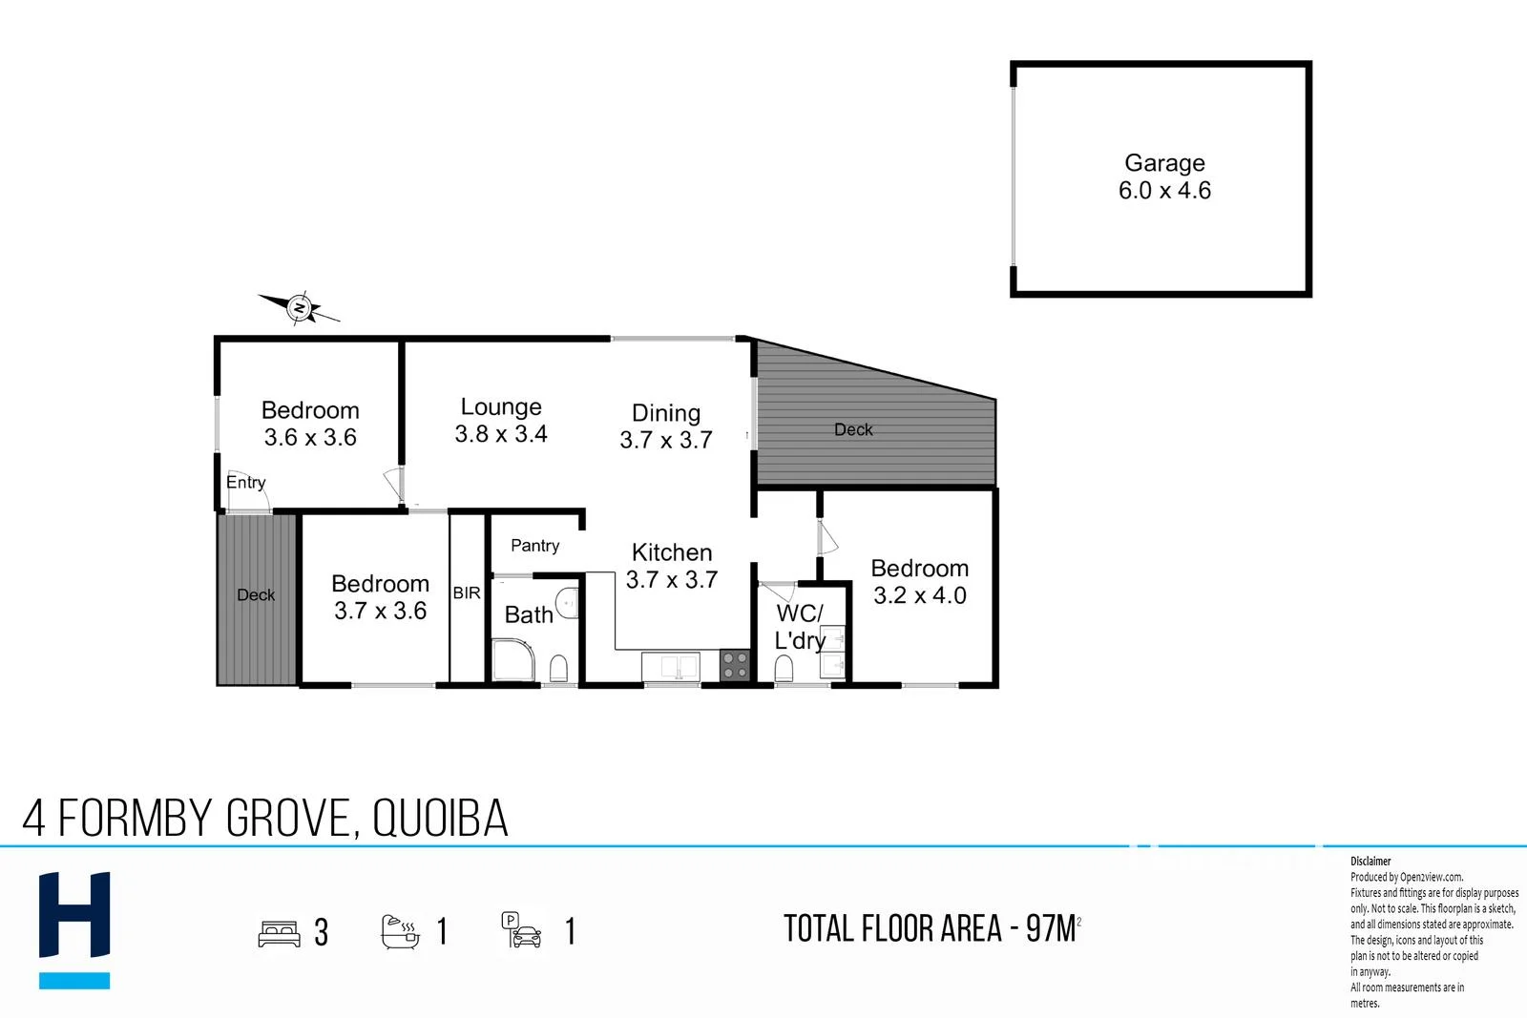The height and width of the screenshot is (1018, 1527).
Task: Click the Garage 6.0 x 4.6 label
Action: pyautogui.click(x=1164, y=177)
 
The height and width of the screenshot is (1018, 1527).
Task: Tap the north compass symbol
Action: pyautogui.click(x=300, y=308)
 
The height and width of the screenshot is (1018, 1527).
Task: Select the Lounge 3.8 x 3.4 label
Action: pyautogui.click(x=501, y=421)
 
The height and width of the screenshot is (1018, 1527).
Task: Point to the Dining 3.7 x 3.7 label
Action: pyautogui.click(x=666, y=426)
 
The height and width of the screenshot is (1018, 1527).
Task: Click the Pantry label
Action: pyautogui.click(x=534, y=546)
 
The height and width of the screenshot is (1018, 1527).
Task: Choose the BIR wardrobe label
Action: pyautogui.click(x=467, y=593)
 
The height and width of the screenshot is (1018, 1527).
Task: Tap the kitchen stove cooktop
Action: pyautogui.click(x=734, y=664)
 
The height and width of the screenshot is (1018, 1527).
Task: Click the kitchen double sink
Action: pyautogui.click(x=671, y=666)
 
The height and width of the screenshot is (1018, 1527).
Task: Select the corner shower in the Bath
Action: pyautogui.click(x=513, y=661)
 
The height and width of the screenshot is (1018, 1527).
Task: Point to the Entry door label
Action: pyautogui.click(x=245, y=483)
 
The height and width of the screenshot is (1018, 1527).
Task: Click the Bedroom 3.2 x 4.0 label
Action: pyautogui.click(x=920, y=582)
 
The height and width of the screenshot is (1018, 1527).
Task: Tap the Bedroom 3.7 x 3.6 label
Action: pyautogui.click(x=380, y=597)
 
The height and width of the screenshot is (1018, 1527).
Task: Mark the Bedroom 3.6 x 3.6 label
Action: pyautogui.click(x=310, y=424)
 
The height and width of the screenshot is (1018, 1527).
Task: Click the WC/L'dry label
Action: pyautogui.click(x=800, y=627)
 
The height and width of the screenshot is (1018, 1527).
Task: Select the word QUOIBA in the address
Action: pyautogui.click(x=440, y=819)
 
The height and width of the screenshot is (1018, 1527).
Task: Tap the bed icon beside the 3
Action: pyautogui.click(x=279, y=932)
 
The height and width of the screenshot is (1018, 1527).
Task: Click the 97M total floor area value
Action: pyautogui.click(x=1052, y=928)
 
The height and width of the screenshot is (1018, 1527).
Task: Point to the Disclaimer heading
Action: pyautogui.click(x=1370, y=861)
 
